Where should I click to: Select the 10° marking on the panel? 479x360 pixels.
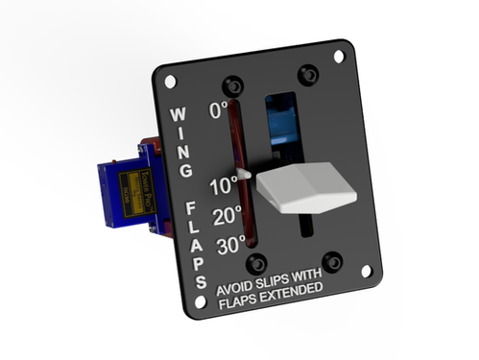pos(222,185)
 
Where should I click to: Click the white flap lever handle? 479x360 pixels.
pos(305,187)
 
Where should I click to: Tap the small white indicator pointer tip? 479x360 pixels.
pos(250,175)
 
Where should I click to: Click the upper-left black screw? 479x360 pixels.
pos(230,84)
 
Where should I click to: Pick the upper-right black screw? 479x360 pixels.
pos(307,73)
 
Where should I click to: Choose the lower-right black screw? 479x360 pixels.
pos(332,261)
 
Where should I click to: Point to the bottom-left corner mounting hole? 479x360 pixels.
pos(200,300)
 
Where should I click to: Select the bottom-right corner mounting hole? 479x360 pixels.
pos(366,271)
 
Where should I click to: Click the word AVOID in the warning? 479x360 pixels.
pos(236,289)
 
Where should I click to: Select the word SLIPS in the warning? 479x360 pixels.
pos(275,286)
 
